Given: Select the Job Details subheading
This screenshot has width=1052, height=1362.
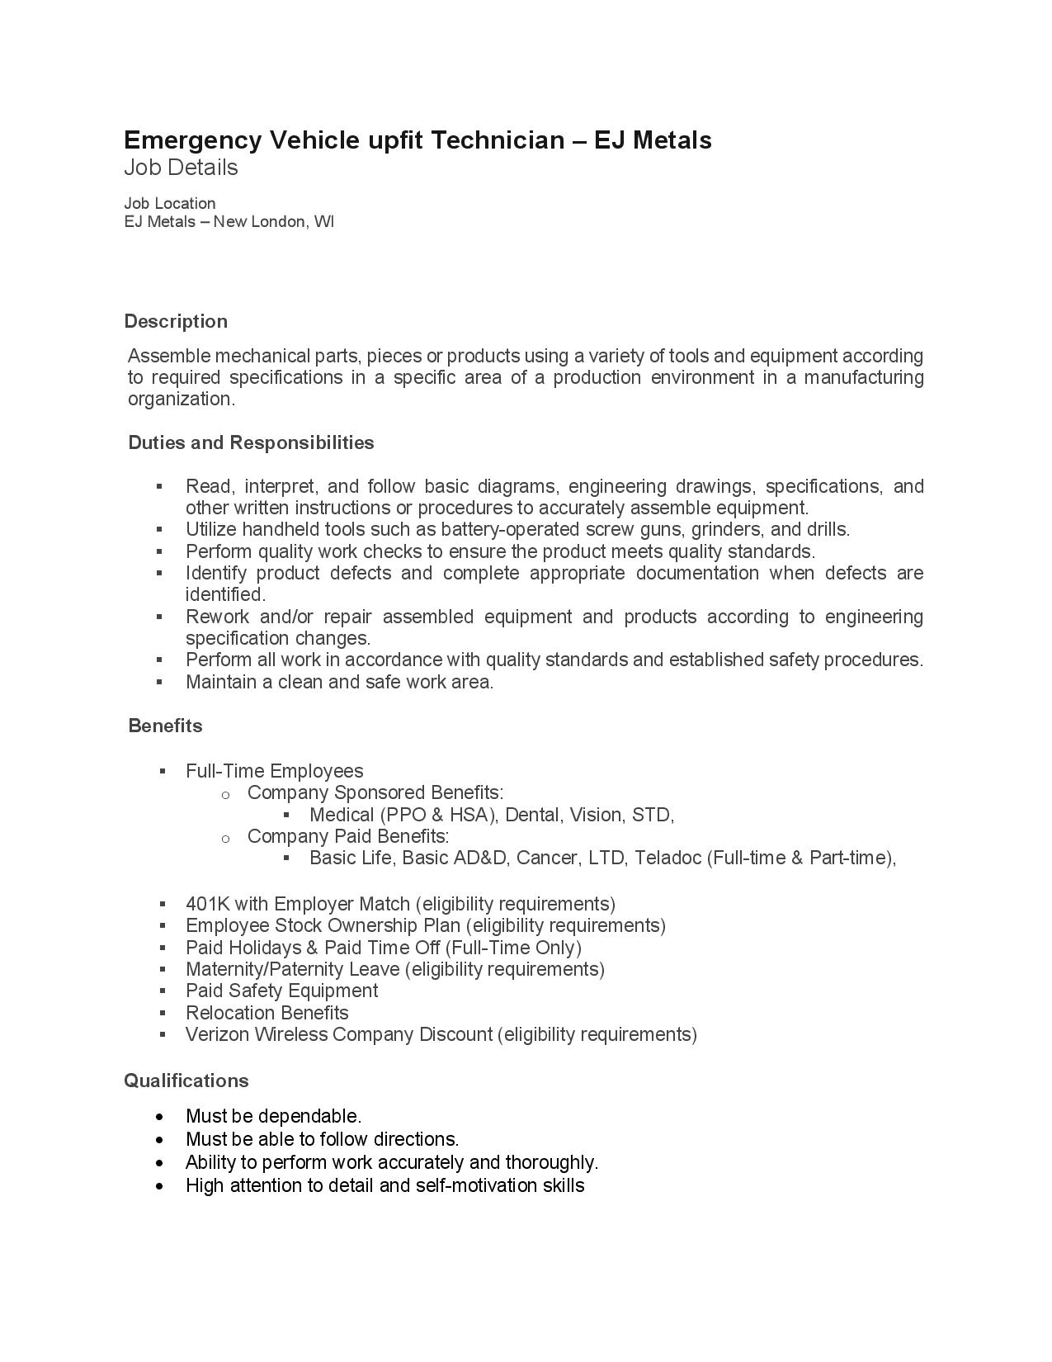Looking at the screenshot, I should coord(181,168).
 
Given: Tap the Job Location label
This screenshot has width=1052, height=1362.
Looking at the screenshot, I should coord(170,203).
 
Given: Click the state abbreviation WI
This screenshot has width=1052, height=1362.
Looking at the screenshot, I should coord(324,222).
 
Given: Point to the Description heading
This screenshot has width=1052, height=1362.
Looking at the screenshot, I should coord(176,321).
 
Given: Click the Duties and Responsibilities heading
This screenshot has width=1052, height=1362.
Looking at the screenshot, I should coord(251,442).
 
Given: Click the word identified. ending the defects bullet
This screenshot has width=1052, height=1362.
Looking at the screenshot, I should coord(225,594).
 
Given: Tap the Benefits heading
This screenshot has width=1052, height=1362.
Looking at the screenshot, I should coord(165,726).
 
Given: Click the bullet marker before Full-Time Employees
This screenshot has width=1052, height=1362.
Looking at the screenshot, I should coord(163,771).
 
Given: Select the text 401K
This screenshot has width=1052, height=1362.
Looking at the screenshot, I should coord(207,904).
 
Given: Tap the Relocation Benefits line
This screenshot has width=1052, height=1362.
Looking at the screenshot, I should coord(267,1013).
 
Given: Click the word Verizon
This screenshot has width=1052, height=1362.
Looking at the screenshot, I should coord(215,1034).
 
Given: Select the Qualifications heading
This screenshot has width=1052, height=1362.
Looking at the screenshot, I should coord(186,1081).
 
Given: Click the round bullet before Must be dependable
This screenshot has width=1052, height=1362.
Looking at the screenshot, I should coord(160,1117).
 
